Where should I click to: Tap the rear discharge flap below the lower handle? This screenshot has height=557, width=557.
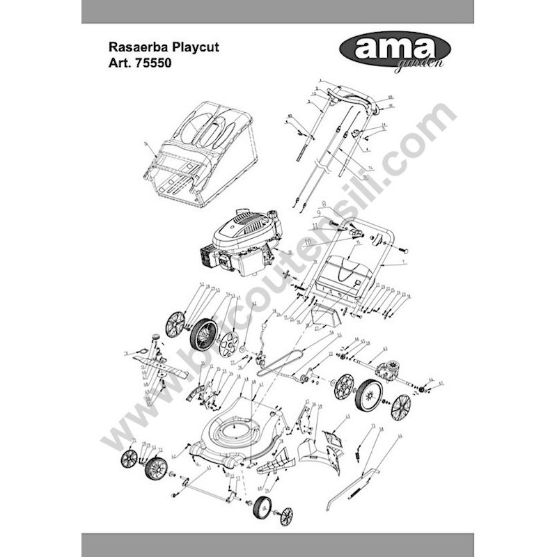345,273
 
